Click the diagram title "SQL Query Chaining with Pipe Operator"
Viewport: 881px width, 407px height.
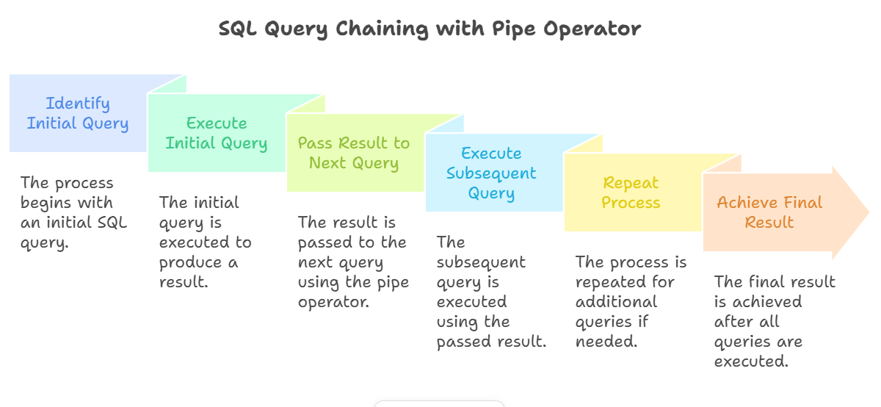429,29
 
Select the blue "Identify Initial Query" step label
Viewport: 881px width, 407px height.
78,113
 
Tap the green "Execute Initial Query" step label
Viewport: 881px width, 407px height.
217,133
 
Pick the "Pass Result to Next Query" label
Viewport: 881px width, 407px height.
354,153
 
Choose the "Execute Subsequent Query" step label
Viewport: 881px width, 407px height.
491,173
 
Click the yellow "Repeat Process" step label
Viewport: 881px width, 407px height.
631,192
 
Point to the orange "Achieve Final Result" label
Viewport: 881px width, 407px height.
769,212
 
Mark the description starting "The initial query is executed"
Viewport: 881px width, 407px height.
206,242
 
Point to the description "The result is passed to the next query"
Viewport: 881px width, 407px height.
352,262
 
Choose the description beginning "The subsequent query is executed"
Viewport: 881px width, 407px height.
490,292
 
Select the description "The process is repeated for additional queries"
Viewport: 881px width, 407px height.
631,302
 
